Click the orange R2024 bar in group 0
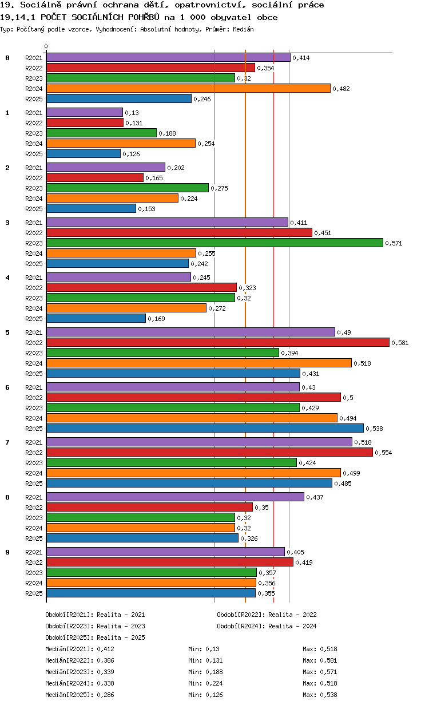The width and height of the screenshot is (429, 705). click(188, 89)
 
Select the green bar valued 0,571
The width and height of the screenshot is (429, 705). click(215, 243)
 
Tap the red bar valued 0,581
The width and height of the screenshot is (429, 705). click(218, 342)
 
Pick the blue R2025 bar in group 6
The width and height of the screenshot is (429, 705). click(205, 428)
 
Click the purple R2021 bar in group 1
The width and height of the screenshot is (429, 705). click(85, 112)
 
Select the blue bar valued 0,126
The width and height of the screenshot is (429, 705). click(84, 153)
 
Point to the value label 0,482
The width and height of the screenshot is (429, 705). click(341, 89)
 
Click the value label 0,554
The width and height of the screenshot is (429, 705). click(383, 453)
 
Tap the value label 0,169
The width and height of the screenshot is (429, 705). click(156, 319)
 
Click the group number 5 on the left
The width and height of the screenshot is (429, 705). click(7, 332)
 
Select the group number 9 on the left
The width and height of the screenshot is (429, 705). click(7, 552)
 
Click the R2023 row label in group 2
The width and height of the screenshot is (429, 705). click(34, 188)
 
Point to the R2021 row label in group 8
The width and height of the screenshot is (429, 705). click(34, 497)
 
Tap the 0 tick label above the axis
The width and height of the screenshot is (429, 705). click(46, 46)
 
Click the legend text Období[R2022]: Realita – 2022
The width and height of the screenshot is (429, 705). click(267, 615)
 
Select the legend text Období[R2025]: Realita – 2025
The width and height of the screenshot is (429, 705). click(96, 637)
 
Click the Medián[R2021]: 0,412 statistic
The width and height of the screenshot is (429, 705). click(80, 649)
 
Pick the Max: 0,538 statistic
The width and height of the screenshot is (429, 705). click(320, 695)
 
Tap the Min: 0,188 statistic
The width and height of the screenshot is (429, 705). click(205, 672)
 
